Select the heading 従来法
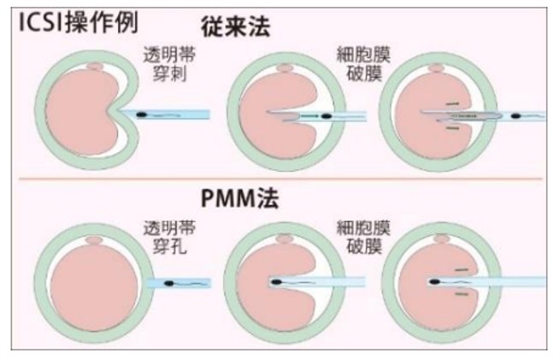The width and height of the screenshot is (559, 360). (x=238, y=26)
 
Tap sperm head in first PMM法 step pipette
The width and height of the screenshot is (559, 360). (x=168, y=283)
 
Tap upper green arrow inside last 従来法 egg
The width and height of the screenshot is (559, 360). (x=454, y=104)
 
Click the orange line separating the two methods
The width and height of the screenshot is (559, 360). (x=279, y=180)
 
